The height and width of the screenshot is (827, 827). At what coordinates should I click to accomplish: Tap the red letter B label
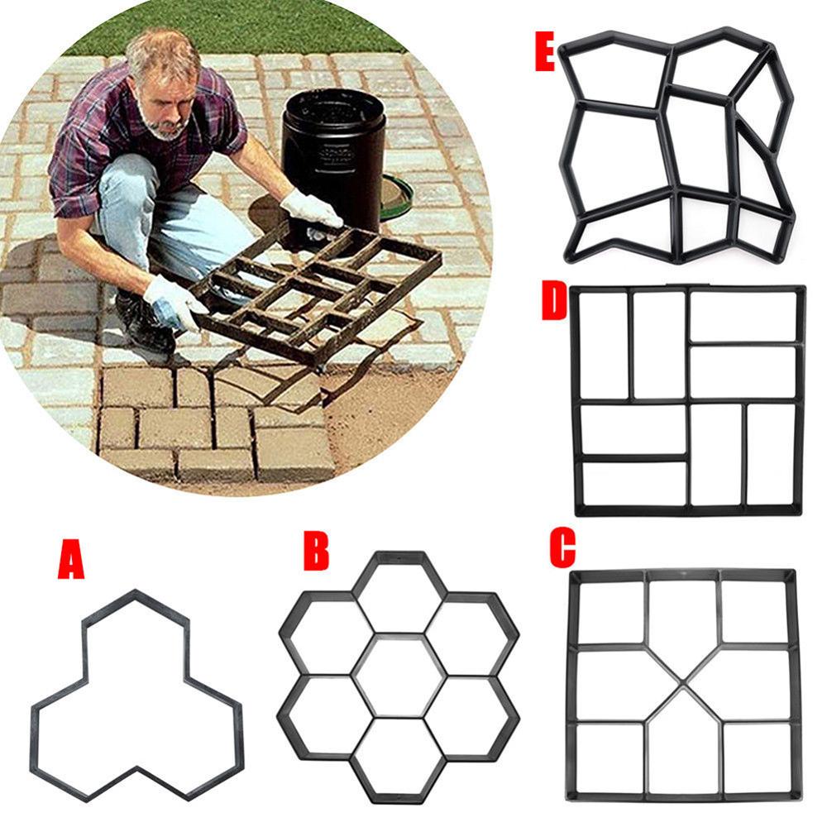point(315,552)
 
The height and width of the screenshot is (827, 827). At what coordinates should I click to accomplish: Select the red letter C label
point(562,549)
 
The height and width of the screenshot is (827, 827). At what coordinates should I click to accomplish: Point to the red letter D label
point(552,304)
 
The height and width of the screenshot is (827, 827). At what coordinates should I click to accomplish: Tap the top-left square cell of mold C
point(610,613)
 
